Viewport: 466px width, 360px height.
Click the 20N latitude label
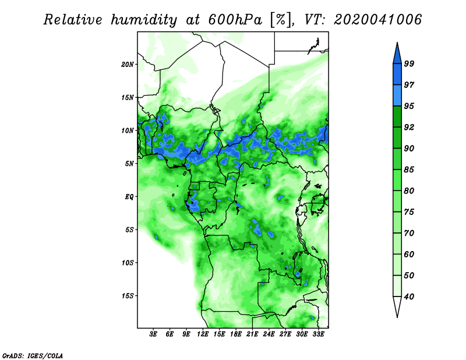(x=128, y=64)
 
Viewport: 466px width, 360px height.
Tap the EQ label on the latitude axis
(x=129, y=196)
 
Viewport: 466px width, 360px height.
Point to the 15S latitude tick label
(x=128, y=296)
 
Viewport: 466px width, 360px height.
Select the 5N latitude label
(x=129, y=164)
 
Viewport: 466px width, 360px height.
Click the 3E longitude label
(x=153, y=334)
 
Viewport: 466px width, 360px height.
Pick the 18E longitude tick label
(x=236, y=334)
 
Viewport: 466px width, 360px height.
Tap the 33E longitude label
(x=318, y=334)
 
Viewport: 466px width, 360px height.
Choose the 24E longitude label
(x=269, y=334)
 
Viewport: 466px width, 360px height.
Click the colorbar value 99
(x=409, y=63)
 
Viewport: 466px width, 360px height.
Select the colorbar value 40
(x=409, y=297)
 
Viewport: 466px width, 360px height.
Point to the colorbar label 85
(x=409, y=170)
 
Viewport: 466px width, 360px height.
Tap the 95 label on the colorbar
(x=409, y=106)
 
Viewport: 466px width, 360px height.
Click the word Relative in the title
(x=73, y=20)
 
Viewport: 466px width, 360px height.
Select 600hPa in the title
(x=235, y=20)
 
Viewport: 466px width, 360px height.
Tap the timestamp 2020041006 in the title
(x=377, y=20)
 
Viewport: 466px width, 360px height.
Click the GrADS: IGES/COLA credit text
(x=33, y=355)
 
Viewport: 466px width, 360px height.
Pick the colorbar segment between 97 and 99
(x=397, y=75)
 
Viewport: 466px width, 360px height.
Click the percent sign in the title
(x=281, y=20)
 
